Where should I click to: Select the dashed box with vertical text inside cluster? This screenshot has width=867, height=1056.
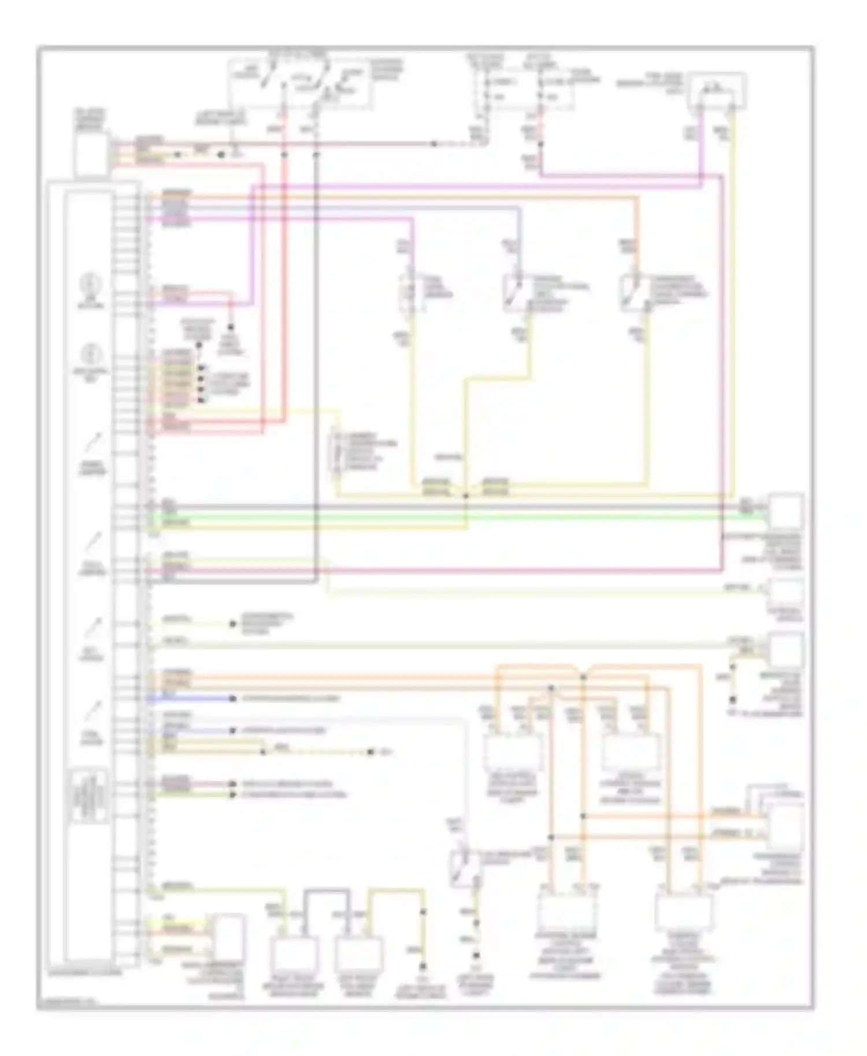(90, 796)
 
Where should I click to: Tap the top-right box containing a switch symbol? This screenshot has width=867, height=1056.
(716, 91)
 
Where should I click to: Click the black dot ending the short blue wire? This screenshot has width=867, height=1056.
(232, 699)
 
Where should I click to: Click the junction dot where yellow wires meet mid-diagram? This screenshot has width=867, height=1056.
(466, 496)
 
